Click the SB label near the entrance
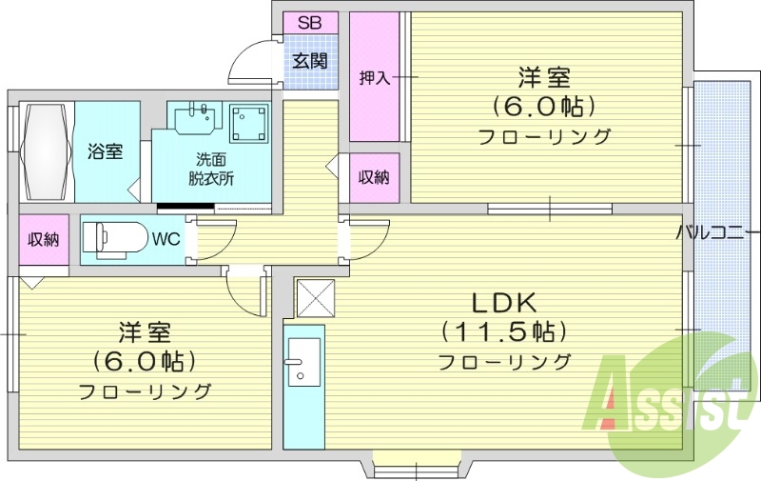coord(309,23)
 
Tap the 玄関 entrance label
coord(309,62)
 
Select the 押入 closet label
coord(375,78)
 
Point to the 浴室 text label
coord(105,150)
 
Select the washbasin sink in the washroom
coord(198,119)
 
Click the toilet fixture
coord(114,237)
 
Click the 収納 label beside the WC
coord(43,239)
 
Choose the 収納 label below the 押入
coord(373,177)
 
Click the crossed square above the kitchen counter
coord(316,297)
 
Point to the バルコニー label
coord(717,231)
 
